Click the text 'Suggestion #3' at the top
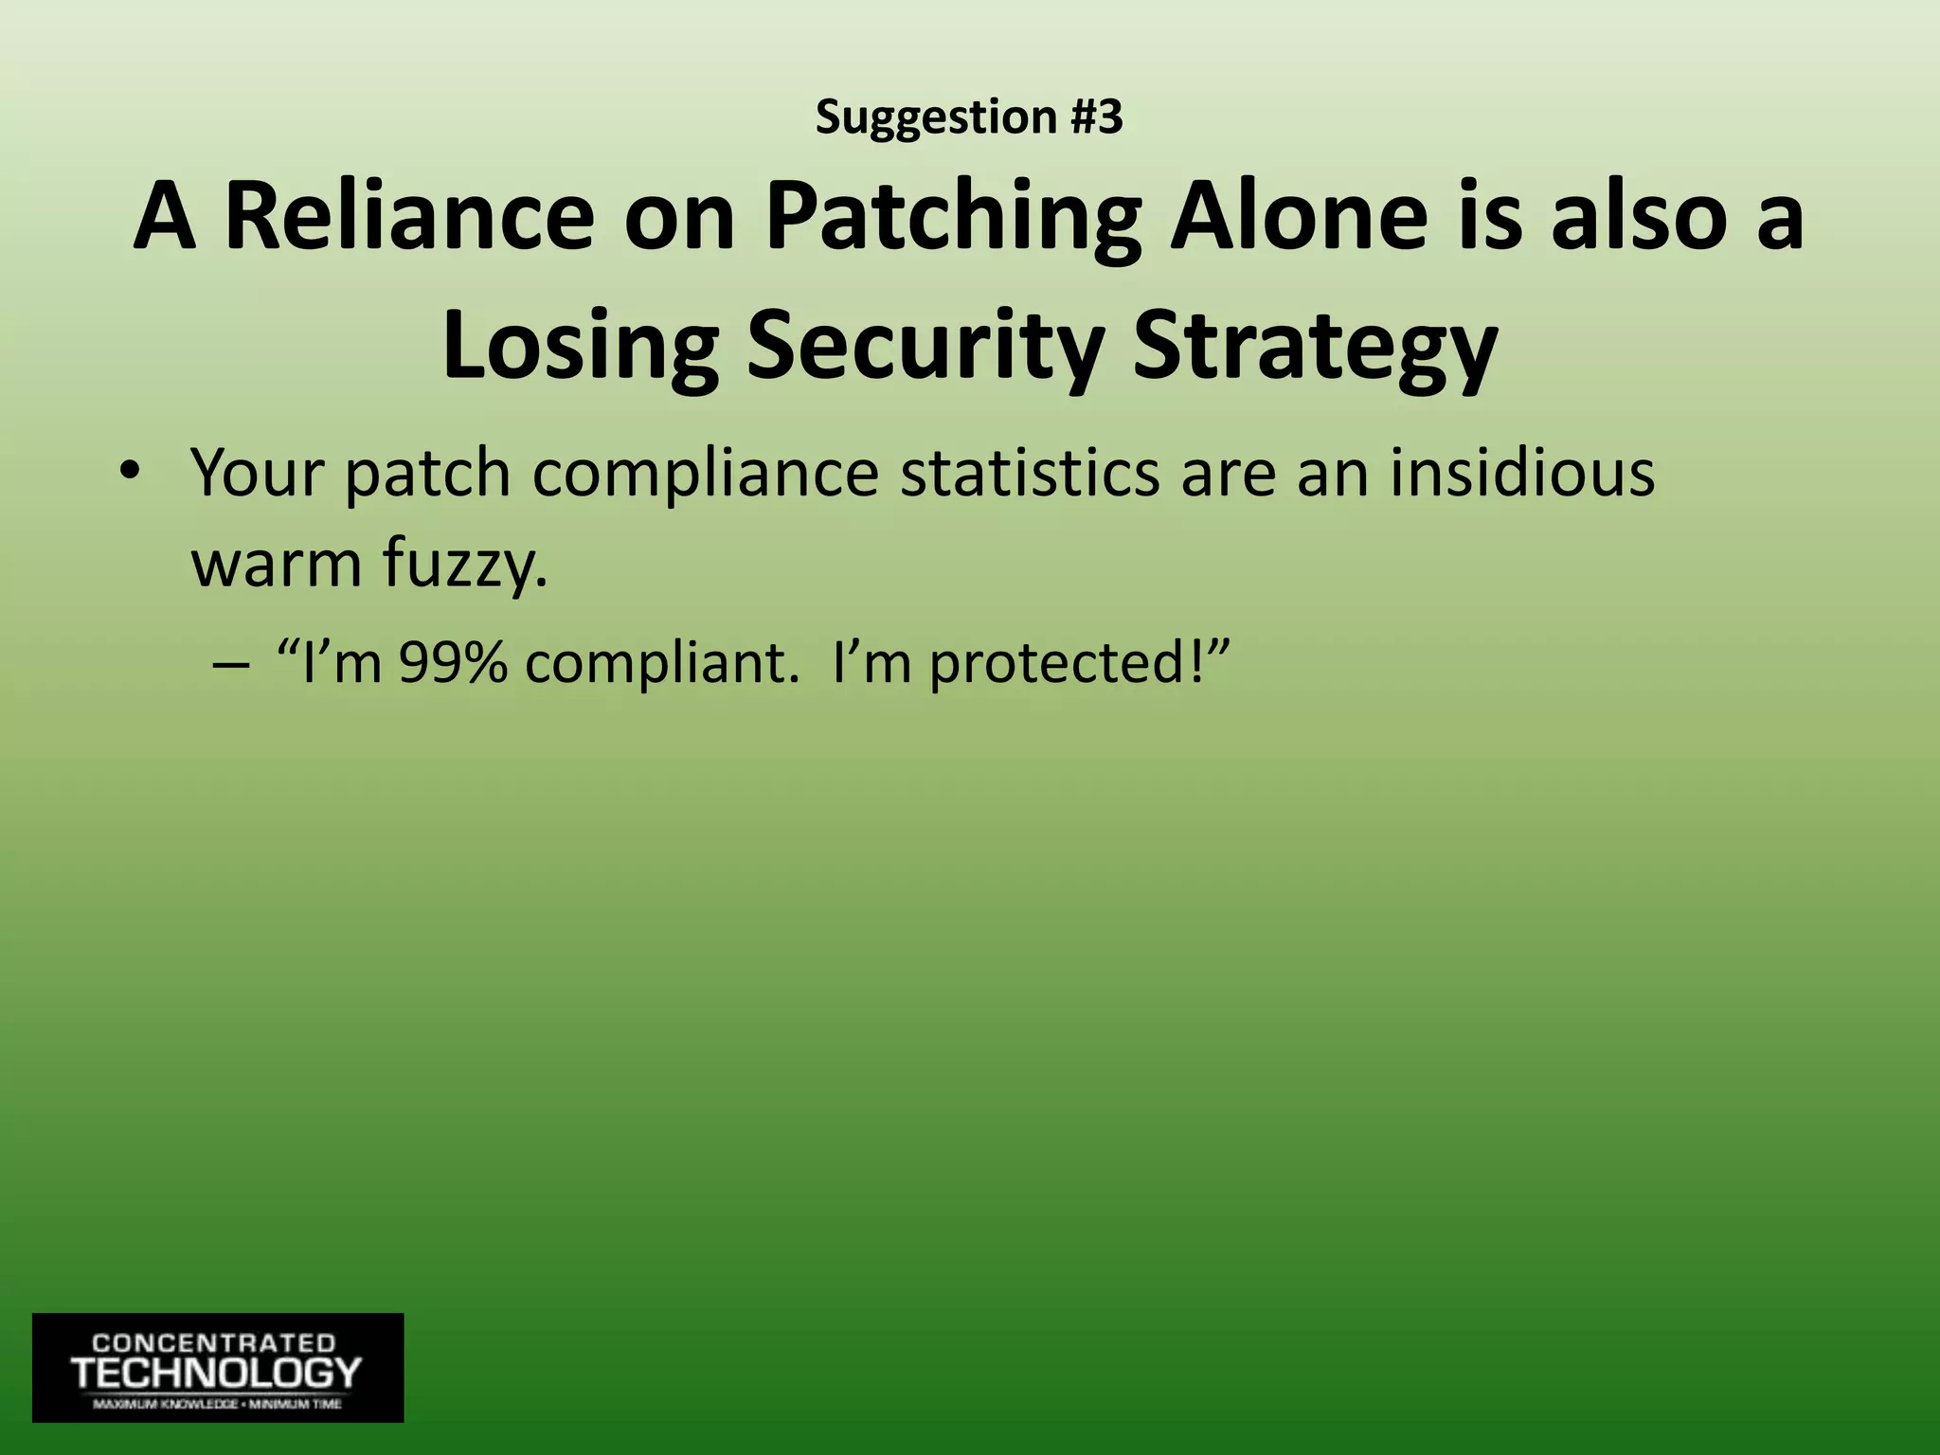pyautogui.click(x=969, y=117)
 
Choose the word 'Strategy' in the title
pyautogui.click(x=1315, y=347)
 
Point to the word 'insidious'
pyautogui.click(x=1522, y=471)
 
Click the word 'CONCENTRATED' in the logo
pyautogui.click(x=214, y=1343)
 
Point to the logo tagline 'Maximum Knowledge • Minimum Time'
pyautogui.click(x=217, y=1405)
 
